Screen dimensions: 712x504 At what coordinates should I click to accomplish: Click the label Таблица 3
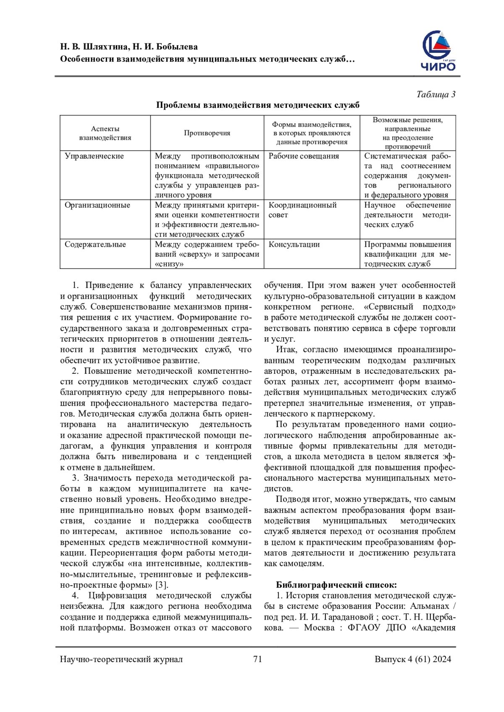pos(436,94)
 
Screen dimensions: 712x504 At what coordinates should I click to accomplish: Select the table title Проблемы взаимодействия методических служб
pos(257,105)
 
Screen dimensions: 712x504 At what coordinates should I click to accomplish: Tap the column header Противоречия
pos(207,133)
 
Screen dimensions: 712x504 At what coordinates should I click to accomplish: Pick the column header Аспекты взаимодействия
pos(105,133)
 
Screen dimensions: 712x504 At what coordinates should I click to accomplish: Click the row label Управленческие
pos(94,156)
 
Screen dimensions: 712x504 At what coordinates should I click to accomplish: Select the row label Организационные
pos(97,205)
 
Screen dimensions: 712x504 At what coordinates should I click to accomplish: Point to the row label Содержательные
pos(95,245)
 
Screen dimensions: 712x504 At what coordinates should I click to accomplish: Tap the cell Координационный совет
pos(302,210)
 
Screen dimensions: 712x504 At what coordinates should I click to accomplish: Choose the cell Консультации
pos(294,245)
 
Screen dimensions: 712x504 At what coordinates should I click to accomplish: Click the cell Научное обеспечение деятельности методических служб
pos(407,215)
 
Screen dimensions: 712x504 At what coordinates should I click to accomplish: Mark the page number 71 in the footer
pos(257,659)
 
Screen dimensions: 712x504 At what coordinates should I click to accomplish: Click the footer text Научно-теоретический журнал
pos(121,659)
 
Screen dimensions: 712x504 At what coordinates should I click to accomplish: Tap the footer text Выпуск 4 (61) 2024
pos(413,659)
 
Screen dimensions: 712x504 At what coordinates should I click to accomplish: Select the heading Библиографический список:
pos(336,585)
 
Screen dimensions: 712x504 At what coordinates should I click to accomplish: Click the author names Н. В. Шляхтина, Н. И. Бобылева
pos(129,47)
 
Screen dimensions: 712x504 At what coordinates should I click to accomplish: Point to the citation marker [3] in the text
pos(162,585)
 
